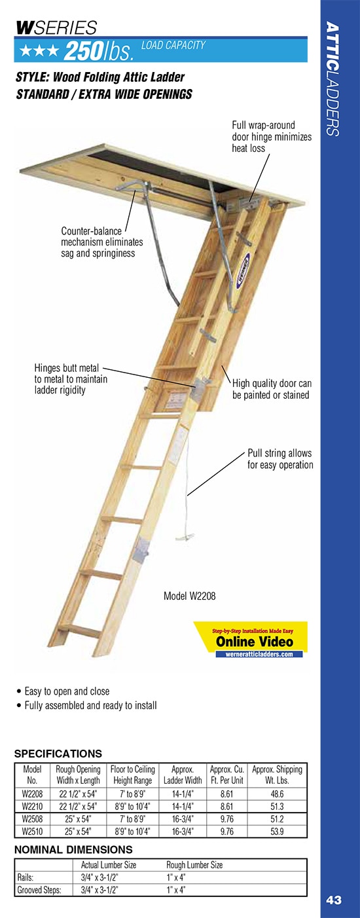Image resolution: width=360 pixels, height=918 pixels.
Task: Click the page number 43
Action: [334, 900]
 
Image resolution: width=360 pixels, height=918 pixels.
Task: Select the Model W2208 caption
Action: [189, 597]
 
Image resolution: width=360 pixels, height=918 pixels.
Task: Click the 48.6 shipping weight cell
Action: [277, 793]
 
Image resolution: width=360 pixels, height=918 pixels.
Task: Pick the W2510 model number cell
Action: [33, 832]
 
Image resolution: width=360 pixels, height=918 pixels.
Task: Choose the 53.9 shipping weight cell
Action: [277, 832]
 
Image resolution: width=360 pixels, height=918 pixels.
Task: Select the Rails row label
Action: [27, 877]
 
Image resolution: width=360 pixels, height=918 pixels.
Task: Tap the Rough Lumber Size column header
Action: [194, 865]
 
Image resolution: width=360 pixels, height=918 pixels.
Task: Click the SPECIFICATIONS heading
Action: [58, 754]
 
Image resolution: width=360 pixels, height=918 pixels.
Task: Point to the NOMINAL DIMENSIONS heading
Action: [73, 849]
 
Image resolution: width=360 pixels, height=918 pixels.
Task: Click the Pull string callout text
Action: [279, 459]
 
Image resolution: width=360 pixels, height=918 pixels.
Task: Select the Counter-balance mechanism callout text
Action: [101, 242]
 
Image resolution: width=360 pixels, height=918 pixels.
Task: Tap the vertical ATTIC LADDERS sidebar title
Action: [333, 79]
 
